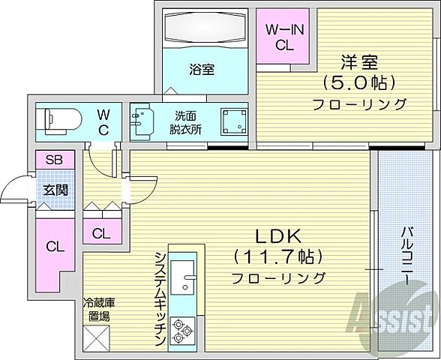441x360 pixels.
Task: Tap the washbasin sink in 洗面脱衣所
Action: coord(141,121)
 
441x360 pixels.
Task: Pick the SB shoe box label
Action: coord(53,160)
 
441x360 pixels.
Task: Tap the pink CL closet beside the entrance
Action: coord(54,245)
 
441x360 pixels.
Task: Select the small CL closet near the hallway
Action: coord(102,232)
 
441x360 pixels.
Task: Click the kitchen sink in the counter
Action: coord(184,282)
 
